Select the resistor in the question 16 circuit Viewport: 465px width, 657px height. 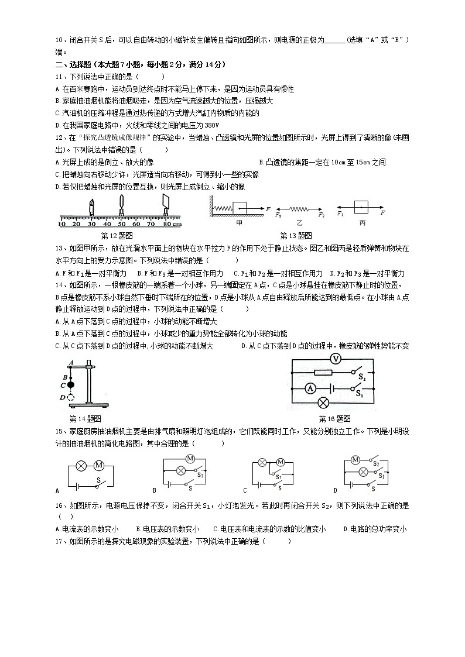(x=323, y=372)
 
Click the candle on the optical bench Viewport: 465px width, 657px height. (x=91, y=207)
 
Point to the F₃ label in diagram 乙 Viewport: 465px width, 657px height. (x=278, y=215)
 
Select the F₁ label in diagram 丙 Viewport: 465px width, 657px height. (x=340, y=214)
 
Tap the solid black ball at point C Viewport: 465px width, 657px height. (x=71, y=385)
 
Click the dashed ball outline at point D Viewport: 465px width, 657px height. (x=71, y=398)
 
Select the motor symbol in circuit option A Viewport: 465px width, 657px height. (x=98, y=466)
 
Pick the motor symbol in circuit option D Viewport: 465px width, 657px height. (x=355, y=460)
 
